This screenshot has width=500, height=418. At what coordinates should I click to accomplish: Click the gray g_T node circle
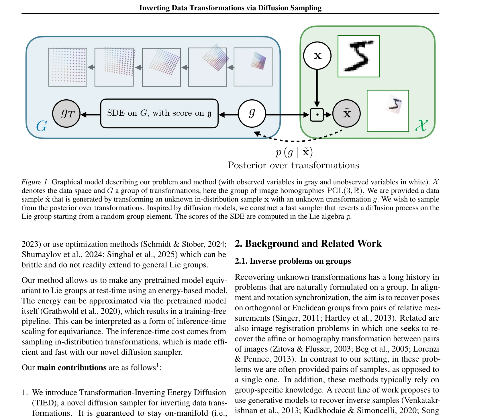pyautogui.click(x=66, y=114)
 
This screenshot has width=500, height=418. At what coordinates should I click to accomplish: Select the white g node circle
pyautogui.click(x=252, y=113)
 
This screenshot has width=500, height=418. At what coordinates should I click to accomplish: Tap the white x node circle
pyautogui.click(x=317, y=56)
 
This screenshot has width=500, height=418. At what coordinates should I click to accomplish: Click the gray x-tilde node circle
pyautogui.click(x=346, y=114)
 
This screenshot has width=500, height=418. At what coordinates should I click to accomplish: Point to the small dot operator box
pyautogui.click(x=317, y=115)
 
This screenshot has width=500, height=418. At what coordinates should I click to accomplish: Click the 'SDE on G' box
pyautogui.click(x=159, y=113)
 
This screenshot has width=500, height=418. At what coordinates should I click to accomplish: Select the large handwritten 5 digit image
pyautogui.click(x=359, y=56)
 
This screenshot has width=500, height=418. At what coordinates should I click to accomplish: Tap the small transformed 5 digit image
pyautogui.click(x=388, y=111)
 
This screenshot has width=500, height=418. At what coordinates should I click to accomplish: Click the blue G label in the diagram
pyautogui.click(x=42, y=126)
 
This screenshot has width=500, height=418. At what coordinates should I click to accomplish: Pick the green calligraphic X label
pyautogui.click(x=422, y=125)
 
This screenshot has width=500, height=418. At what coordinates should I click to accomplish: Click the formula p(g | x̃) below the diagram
pyautogui.click(x=294, y=152)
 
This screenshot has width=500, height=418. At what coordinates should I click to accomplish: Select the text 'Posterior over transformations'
pyautogui.click(x=293, y=165)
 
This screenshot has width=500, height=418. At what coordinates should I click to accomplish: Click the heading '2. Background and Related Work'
pyautogui.click(x=308, y=243)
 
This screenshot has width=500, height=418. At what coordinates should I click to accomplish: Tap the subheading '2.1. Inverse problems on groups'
pyautogui.click(x=293, y=261)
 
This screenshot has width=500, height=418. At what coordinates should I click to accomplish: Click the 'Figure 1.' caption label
pyautogui.click(x=35, y=182)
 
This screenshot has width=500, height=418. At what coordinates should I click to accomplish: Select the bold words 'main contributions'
pyautogui.click(x=72, y=367)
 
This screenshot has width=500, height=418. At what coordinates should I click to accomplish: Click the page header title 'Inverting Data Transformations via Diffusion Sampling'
pyautogui.click(x=230, y=8)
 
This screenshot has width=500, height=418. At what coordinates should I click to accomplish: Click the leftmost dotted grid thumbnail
pyautogui.click(x=68, y=67)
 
